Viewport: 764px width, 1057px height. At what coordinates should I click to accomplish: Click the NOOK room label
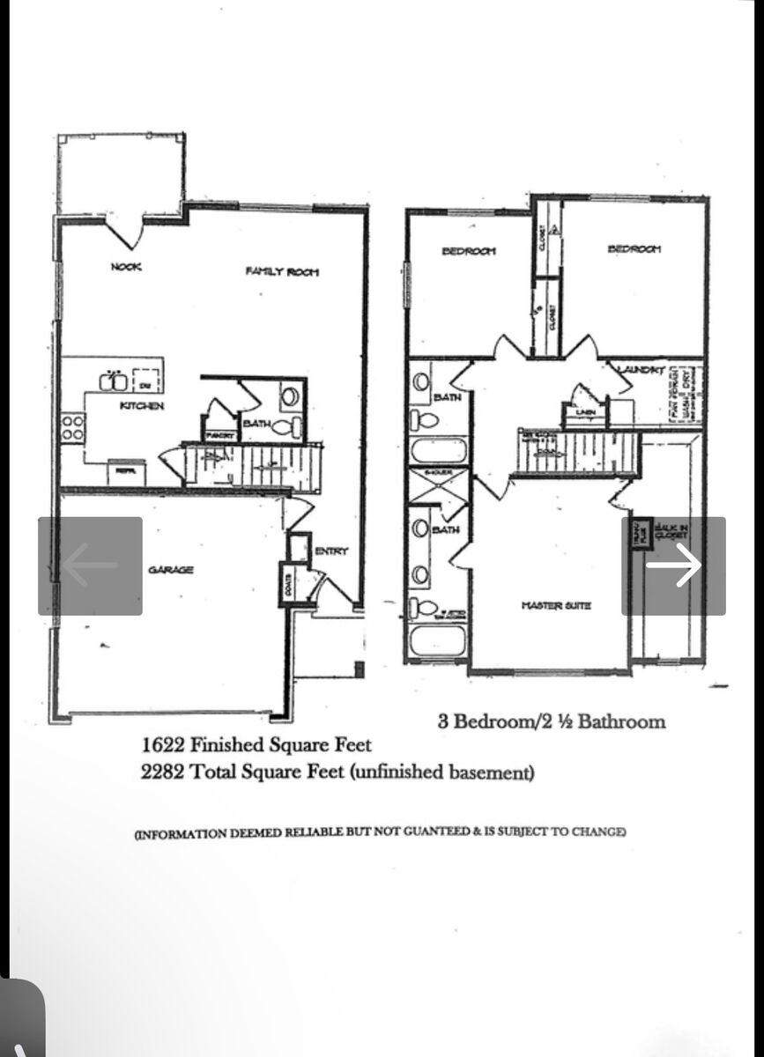coord(125,266)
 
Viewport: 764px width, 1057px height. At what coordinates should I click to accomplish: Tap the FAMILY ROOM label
coord(282,271)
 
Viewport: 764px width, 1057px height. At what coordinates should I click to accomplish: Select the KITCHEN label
coord(142,406)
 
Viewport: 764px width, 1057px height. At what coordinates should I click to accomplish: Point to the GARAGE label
coord(171,570)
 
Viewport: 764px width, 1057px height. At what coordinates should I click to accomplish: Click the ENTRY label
coord(331,551)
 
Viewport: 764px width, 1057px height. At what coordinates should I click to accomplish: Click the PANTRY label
coord(218,435)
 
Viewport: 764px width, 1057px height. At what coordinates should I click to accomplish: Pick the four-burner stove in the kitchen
coord(72,429)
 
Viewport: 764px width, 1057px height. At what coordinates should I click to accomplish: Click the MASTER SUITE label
coord(556,605)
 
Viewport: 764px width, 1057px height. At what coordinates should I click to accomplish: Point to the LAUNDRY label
coord(641,370)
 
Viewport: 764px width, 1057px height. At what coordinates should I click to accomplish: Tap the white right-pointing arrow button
coord(674,565)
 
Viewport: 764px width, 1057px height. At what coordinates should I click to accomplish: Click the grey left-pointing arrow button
coord(90,565)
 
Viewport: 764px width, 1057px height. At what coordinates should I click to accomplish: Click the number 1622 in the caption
coord(163,745)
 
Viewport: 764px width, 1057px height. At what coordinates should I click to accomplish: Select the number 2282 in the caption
coord(163,773)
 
